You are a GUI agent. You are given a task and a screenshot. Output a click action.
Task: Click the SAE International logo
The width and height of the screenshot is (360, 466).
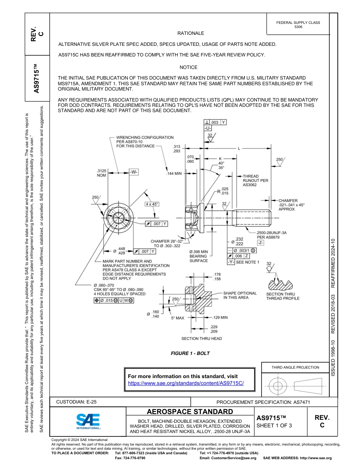[88, 421]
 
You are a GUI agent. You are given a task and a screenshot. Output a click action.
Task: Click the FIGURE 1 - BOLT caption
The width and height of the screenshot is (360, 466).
[190, 353]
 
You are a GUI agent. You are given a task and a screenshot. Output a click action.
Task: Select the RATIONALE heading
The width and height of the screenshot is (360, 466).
[191, 33]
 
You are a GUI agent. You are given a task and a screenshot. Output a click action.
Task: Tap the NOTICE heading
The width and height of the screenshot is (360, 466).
[188, 67]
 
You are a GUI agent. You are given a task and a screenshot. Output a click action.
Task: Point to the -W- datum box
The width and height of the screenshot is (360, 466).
[134, 172]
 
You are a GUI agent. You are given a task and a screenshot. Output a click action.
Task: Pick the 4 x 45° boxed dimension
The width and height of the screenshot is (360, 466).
[152, 204]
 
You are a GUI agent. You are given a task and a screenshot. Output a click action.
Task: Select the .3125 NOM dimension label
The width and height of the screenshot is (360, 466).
[102, 173]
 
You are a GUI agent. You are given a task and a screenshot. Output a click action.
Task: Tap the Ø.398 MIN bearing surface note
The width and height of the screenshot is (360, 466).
[199, 256]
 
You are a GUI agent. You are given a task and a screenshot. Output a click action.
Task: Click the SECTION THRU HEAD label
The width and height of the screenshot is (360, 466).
[202, 338]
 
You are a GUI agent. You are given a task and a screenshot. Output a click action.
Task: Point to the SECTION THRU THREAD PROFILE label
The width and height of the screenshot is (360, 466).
[283, 296]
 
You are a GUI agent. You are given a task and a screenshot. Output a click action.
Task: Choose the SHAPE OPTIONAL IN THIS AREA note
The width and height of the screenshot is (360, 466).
[240, 296]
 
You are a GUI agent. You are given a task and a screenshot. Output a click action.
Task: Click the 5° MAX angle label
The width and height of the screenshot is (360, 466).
[177, 318]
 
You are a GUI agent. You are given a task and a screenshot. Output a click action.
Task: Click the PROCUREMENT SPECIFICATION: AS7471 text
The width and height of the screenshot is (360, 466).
[263, 402]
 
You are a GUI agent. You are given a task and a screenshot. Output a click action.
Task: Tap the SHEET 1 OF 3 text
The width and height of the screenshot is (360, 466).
[274, 425]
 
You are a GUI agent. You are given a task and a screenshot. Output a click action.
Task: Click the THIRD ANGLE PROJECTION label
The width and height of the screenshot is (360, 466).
[295, 367]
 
